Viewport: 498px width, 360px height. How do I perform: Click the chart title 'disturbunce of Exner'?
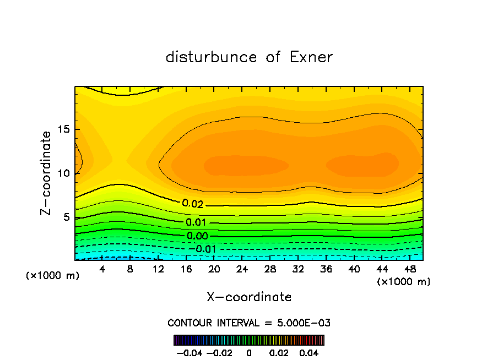249,57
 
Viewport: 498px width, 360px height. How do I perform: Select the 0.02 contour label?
193,204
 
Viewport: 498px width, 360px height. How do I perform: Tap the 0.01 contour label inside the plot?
196,222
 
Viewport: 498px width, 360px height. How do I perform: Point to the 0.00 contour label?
197,236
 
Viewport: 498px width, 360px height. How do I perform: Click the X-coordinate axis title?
249,297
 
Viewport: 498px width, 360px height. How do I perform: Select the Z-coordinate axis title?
47,173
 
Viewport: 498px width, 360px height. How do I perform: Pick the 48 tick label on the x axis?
409,269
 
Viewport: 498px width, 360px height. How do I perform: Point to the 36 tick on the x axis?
326,269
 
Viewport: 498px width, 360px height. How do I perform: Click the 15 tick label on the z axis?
64,130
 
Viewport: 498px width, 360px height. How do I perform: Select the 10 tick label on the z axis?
64,173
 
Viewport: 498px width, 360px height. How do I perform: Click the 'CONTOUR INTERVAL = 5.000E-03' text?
249,323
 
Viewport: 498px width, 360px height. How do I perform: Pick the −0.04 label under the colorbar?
190,352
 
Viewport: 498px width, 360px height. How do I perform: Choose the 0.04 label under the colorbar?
309,352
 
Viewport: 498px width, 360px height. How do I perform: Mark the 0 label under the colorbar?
249,352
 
